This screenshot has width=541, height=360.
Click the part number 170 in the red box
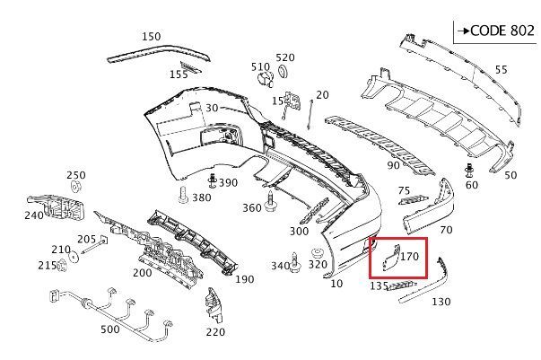(x=409, y=257)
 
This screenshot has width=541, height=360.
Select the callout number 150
(x=151, y=36)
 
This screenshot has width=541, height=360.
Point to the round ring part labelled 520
(x=283, y=72)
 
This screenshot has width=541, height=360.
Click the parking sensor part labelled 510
(x=266, y=79)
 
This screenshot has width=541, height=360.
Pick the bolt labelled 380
(x=183, y=195)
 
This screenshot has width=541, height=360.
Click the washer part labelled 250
(x=75, y=187)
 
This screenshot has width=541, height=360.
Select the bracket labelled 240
(x=56, y=207)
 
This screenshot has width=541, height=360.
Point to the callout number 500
(x=110, y=329)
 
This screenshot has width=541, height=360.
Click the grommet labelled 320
(x=316, y=254)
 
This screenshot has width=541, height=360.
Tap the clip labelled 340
(x=295, y=263)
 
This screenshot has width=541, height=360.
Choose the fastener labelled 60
(x=469, y=171)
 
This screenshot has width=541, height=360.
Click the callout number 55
(x=501, y=70)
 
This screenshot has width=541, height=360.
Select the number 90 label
(x=393, y=166)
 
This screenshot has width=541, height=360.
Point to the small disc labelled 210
(x=74, y=258)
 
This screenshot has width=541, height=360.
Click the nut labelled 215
(x=62, y=265)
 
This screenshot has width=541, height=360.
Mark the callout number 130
(x=441, y=302)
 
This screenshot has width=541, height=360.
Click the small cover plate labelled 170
(x=390, y=258)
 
